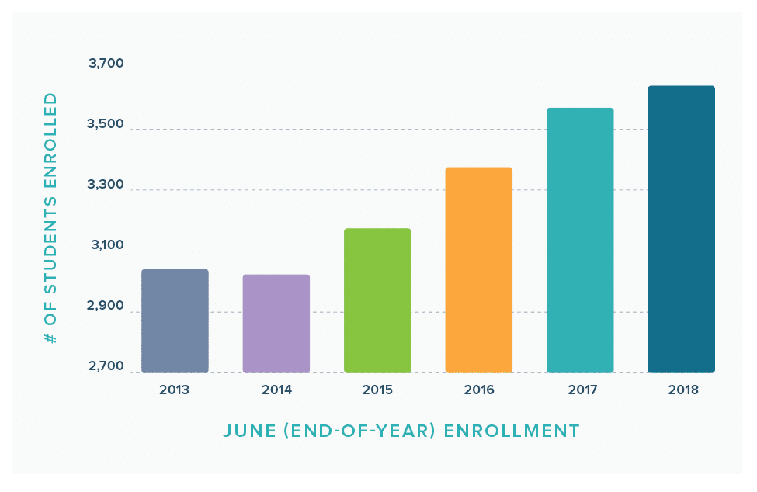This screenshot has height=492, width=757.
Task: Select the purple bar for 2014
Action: tap(276, 324)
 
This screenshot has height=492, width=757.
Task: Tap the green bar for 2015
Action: tap(377, 300)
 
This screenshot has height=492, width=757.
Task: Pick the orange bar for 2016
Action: tap(478, 270)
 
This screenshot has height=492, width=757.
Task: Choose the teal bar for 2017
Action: tap(580, 240)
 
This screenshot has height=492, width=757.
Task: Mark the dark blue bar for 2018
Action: tap(681, 229)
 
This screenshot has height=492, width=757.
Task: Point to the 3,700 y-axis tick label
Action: tap(106, 64)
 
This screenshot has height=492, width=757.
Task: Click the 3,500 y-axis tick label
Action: tap(106, 124)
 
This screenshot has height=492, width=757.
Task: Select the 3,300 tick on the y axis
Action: tap(106, 185)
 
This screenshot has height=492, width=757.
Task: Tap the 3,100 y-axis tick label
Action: tap(106, 246)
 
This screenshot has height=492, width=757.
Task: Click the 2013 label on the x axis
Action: tap(174, 390)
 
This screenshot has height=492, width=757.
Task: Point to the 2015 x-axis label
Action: tap(377, 390)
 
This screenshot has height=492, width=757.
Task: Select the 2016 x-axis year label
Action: tap(479, 390)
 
